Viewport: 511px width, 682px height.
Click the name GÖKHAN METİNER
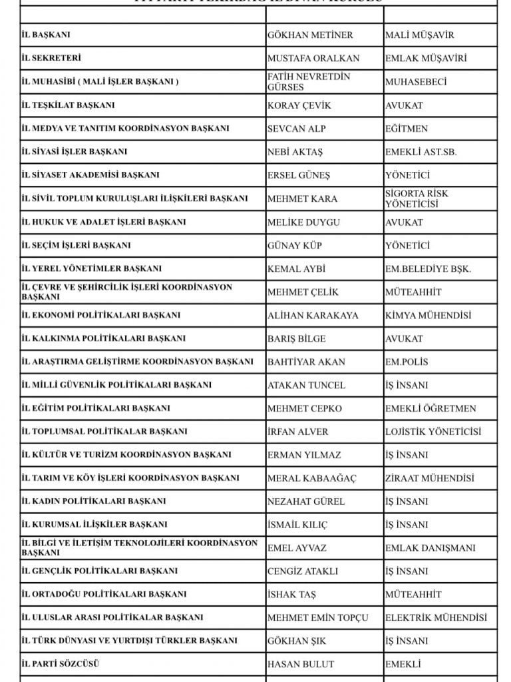point(310,35)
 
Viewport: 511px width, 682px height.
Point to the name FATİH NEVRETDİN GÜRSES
point(309,82)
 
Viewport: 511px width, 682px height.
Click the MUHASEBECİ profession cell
point(416,82)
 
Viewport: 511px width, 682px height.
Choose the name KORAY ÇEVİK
point(299,105)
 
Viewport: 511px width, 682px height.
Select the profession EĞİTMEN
point(407,129)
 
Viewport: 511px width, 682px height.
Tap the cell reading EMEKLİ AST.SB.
point(421,152)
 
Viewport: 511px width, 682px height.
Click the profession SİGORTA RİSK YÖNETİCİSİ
point(417,198)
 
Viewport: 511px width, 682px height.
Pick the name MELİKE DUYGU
point(303,222)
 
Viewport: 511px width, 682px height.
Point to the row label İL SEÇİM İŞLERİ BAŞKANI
point(77,245)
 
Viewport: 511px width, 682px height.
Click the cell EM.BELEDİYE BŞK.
point(428,268)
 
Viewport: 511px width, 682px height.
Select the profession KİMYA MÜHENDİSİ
point(428,315)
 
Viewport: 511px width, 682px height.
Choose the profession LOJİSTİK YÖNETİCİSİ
point(433,432)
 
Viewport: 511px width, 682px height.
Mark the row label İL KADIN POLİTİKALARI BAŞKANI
point(94,501)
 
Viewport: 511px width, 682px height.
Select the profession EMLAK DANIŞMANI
point(430,548)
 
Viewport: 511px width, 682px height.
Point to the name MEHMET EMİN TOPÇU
point(317,617)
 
